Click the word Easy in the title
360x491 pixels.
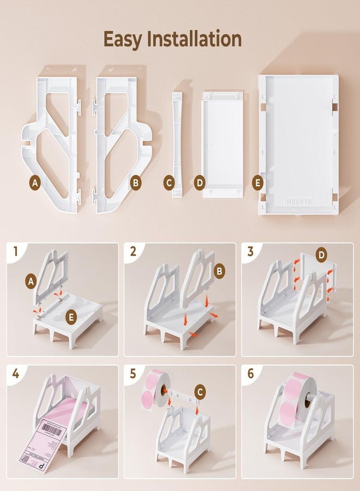click(127, 39)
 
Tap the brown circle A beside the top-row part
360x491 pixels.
click(35, 183)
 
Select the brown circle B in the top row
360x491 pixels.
click(135, 183)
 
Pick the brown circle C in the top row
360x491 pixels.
click(169, 183)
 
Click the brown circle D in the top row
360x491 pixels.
click(199, 183)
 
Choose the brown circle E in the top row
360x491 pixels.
click(258, 183)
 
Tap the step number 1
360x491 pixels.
click(16, 252)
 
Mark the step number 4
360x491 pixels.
click(16, 374)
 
